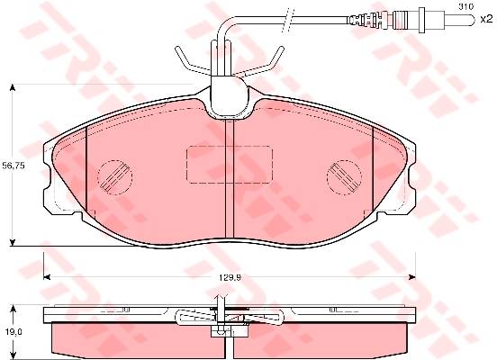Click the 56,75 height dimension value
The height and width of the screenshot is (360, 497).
point(14,166)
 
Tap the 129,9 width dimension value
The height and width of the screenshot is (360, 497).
point(230,277)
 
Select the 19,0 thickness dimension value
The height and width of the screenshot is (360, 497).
point(14,331)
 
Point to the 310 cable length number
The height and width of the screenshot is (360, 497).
point(466,6)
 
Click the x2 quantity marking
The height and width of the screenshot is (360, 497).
point(485,20)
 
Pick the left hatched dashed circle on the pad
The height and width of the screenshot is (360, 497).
point(114,176)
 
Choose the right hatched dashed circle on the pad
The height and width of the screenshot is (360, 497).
point(344,176)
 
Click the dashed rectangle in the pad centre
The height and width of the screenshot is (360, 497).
point(230,165)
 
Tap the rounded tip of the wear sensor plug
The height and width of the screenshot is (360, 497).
point(473,20)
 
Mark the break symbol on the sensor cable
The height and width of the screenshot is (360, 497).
point(287,20)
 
